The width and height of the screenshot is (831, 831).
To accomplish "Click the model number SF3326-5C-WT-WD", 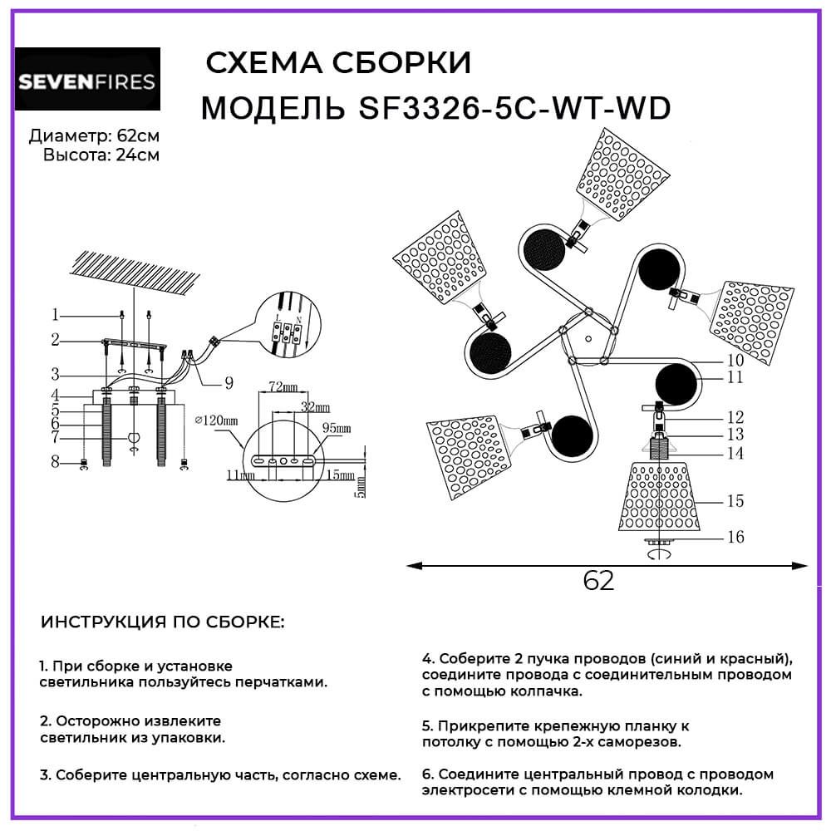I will coord(514,108).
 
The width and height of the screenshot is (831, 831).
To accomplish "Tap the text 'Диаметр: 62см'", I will coord(94,136).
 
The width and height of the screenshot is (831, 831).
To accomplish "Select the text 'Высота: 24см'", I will coord(101,155).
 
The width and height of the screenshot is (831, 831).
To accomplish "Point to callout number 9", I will coord(227,383).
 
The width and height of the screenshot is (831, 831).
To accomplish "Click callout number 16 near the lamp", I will coord(735,537).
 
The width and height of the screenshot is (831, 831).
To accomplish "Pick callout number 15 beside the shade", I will coord(735,501).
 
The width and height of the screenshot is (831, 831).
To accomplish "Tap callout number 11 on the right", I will coord(735,378).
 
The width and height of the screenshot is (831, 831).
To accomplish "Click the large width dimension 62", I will coord(598,581).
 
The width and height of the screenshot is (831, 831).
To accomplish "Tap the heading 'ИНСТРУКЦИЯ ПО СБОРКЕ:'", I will coord(162,622).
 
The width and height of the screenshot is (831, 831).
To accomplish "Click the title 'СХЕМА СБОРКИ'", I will coord(337,63).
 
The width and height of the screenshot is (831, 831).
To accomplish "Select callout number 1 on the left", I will coord(55,315).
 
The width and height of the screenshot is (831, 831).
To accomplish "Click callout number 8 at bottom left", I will coord(55,462).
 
